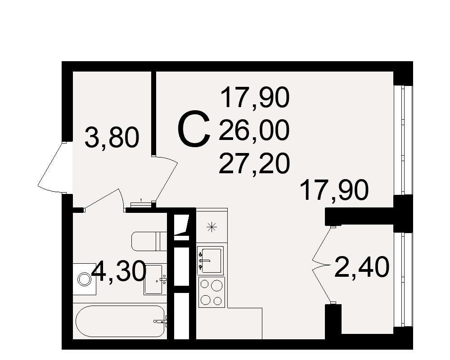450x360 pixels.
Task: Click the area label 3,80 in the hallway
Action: (x=112, y=138)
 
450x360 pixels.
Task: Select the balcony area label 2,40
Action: (x=362, y=267)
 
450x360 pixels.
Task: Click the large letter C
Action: (x=194, y=129)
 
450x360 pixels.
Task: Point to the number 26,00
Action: (x=254, y=130)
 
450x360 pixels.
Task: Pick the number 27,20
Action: (x=254, y=164)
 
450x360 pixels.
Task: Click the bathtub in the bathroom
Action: (x=120, y=321)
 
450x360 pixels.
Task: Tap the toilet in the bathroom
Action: (x=149, y=242)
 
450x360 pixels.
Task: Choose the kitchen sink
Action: (x=210, y=260)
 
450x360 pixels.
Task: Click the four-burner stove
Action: (x=212, y=292)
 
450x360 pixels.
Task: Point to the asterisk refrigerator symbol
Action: (x=212, y=228)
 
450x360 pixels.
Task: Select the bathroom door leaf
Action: (x=103, y=199)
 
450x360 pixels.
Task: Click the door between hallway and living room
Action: (x=165, y=180)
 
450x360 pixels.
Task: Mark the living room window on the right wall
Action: (x=403, y=140)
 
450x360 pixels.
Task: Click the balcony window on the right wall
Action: (x=403, y=279)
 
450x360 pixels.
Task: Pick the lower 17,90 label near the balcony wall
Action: (x=334, y=190)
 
